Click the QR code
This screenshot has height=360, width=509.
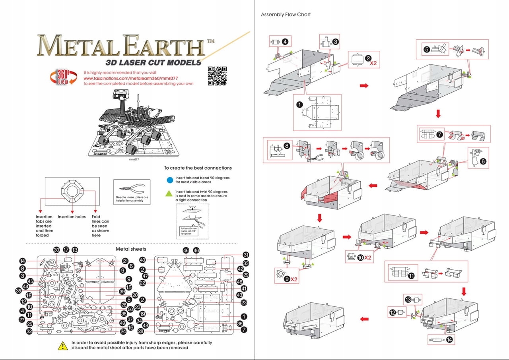217,75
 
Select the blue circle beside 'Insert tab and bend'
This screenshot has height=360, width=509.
170,180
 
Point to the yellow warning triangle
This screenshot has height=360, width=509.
62,346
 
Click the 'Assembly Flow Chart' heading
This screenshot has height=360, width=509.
286,15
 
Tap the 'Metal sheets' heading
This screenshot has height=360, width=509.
131,249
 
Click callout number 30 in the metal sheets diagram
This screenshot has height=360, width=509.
56,250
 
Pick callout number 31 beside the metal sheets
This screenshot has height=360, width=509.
246,255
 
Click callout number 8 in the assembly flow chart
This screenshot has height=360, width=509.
286,145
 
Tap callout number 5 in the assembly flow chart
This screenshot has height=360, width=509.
427,50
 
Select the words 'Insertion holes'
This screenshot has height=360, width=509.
72,217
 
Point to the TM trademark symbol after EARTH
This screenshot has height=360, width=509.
210,41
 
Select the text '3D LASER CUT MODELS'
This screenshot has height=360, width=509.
153,62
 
